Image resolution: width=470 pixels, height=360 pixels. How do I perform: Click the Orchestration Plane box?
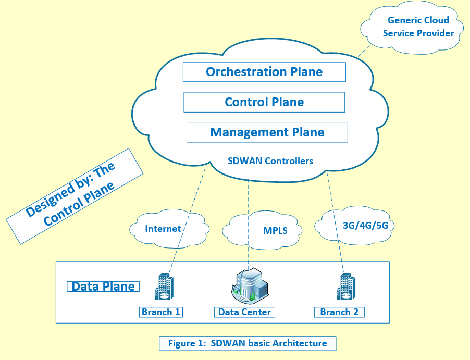(x=264, y=72)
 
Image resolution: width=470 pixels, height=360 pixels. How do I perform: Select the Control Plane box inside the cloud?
(x=264, y=102)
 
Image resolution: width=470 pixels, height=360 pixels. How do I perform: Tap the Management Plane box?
(x=267, y=132)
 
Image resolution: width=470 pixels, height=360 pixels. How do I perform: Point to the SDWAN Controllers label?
(x=270, y=161)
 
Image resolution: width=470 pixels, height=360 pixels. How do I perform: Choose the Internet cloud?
(x=169, y=229)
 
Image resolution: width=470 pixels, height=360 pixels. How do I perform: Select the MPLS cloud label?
(x=275, y=230)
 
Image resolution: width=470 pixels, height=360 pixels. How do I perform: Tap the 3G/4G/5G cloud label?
(x=365, y=226)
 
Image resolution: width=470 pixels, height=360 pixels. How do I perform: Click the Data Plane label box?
(x=103, y=287)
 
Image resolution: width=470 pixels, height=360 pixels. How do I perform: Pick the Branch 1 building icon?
(x=164, y=286)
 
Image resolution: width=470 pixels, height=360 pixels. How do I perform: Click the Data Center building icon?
(x=250, y=285)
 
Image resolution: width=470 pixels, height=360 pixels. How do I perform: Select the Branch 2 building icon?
(x=346, y=286)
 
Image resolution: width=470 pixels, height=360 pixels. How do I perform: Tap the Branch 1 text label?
(x=161, y=312)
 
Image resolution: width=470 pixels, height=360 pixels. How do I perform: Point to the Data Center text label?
(x=244, y=312)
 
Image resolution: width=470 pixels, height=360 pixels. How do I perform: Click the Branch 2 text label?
(x=339, y=312)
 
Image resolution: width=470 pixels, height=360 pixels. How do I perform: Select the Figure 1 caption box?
(x=248, y=343)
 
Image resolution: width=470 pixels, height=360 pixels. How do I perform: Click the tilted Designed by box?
(x=75, y=196)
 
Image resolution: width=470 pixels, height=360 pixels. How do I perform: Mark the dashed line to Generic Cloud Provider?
(x=364, y=51)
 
